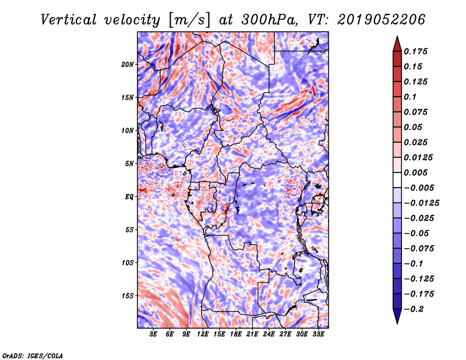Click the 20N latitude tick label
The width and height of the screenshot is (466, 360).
(x=128, y=64)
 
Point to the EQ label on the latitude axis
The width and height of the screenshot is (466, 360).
(x=129, y=197)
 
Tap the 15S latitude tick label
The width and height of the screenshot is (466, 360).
(x=128, y=296)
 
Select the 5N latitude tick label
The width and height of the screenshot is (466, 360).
(x=129, y=164)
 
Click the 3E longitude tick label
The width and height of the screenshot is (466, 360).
(x=153, y=334)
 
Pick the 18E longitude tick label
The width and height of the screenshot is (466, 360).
(x=236, y=334)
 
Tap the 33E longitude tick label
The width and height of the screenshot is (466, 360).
(x=318, y=334)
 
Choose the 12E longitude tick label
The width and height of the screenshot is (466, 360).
(x=203, y=334)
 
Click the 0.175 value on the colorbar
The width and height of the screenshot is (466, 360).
(x=415, y=51)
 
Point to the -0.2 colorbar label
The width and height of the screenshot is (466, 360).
(x=414, y=309)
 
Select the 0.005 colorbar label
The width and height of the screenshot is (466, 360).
(x=415, y=172)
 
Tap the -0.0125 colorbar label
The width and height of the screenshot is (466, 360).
(x=421, y=203)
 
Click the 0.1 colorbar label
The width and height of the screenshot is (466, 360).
(x=410, y=97)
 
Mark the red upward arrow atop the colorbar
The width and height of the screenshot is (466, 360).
(x=397, y=44)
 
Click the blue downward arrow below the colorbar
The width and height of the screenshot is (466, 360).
(x=397, y=316)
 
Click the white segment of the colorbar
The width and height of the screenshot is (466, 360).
(x=397, y=180)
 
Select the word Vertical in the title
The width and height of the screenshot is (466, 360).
(x=69, y=20)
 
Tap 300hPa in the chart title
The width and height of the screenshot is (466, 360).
(x=269, y=20)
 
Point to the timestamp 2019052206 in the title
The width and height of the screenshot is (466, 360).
(x=381, y=20)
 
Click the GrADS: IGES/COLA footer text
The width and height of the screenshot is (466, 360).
(x=33, y=355)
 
